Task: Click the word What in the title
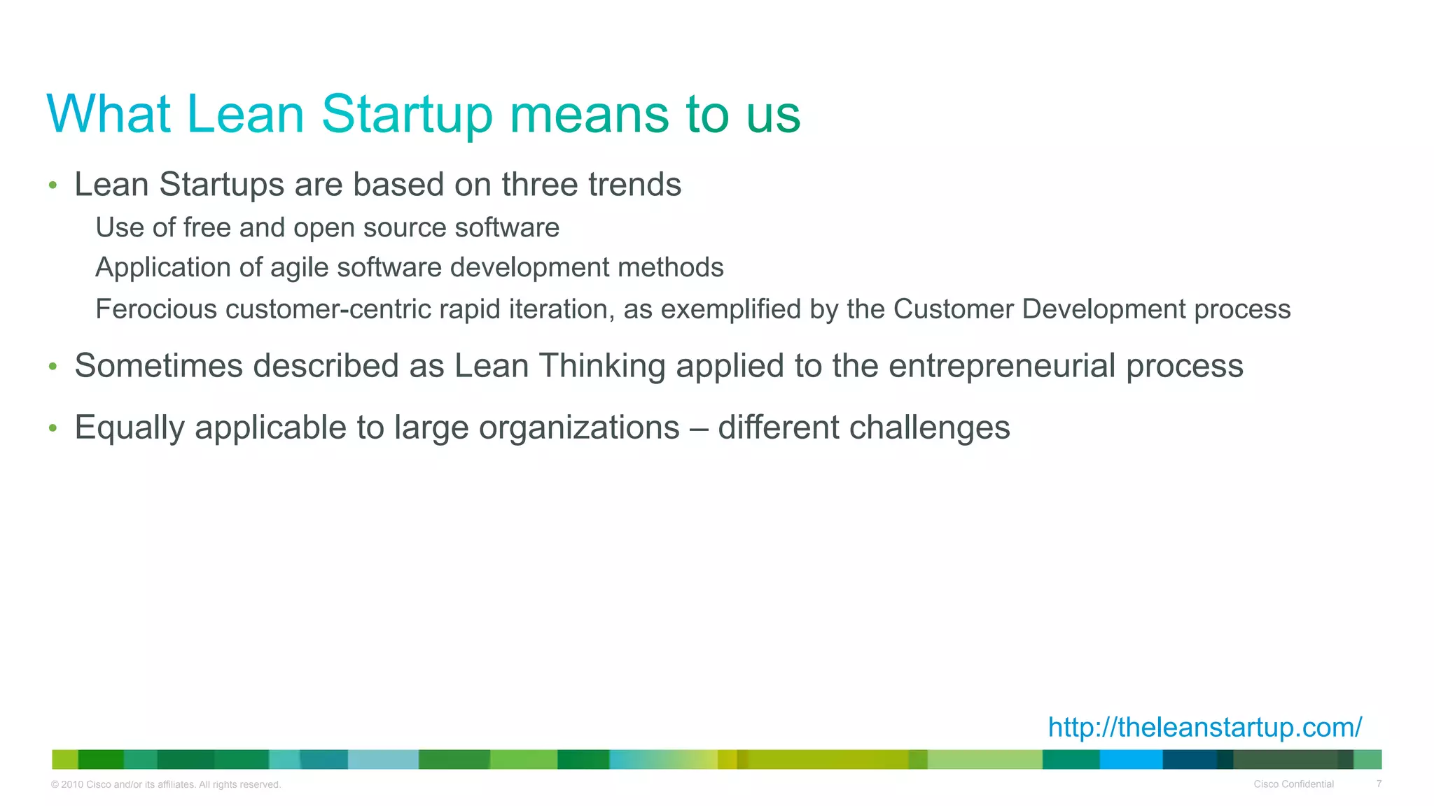[109, 113]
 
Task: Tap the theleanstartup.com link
[1204, 727]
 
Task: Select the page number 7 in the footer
[1379, 784]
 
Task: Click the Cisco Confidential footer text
[1293, 784]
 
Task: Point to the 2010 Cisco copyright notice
[166, 784]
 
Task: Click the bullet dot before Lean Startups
[53, 185]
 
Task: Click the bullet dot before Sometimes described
[53, 367]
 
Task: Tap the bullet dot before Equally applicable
[53, 428]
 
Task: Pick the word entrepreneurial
[1001, 366]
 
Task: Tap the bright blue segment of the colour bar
[1131, 759]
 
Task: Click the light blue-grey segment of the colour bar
[383, 759]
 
